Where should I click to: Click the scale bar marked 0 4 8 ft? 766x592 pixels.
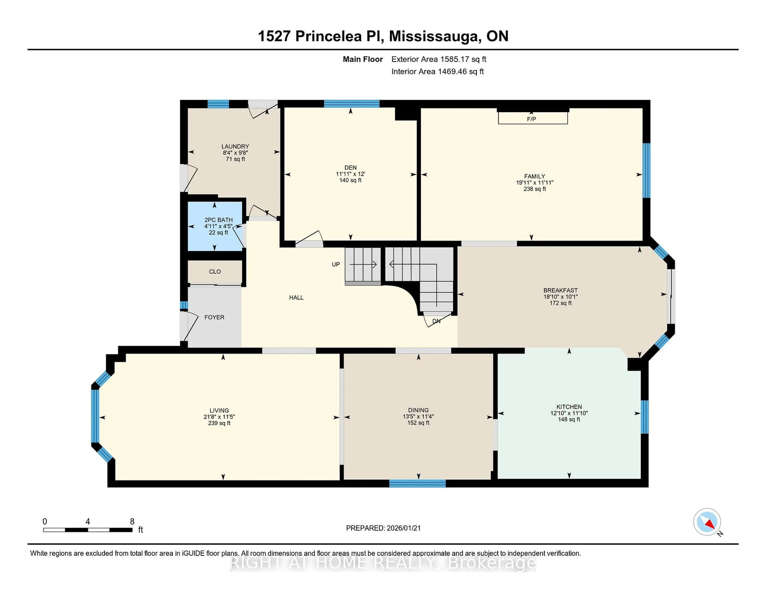pos(88,530)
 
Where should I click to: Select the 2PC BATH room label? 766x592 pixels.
pos(218,220)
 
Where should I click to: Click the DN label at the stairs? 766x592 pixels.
pos(436,321)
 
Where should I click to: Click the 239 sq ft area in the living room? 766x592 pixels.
pos(219,423)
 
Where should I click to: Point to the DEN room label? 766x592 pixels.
pos(350,168)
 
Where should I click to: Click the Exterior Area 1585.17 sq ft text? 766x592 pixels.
pos(439,59)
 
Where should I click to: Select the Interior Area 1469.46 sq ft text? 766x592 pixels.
pos(437,72)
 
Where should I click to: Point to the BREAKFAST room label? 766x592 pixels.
pos(560,290)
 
